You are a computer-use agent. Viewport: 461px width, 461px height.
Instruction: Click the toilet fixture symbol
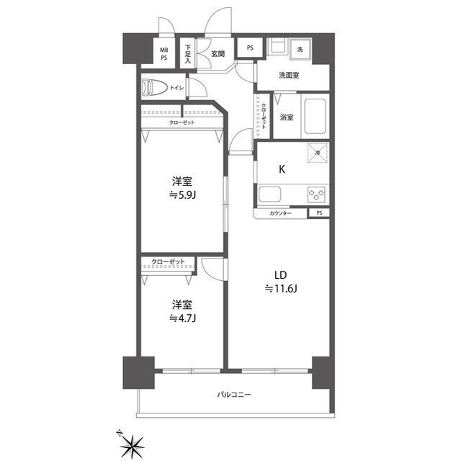[x=154, y=87]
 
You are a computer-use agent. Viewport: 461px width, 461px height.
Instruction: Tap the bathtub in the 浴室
[x=315, y=116]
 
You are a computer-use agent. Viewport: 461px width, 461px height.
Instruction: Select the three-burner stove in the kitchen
[x=316, y=194]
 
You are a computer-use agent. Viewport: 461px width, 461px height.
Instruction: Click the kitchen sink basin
[x=269, y=194]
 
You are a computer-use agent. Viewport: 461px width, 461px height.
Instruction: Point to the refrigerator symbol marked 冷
[x=318, y=153]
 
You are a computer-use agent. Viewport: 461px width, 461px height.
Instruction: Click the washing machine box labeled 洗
[x=300, y=49]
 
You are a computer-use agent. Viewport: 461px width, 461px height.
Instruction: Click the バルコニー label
[x=234, y=394]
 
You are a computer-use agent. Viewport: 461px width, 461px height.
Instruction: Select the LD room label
[x=280, y=275]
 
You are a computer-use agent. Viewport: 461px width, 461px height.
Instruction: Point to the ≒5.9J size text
[x=182, y=195]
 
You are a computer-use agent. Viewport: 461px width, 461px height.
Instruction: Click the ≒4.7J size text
[x=182, y=318]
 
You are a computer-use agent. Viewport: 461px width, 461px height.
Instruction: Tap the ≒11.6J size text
[x=281, y=289]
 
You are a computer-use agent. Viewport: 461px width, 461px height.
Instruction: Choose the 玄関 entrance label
[x=218, y=53]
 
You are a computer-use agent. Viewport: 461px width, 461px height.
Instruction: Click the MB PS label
[x=164, y=54]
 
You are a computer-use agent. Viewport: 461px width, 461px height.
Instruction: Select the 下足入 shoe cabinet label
[x=188, y=54]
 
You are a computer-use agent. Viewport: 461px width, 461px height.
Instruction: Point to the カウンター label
[x=280, y=213]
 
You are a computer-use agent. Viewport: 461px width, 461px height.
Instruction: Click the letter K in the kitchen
[x=282, y=169]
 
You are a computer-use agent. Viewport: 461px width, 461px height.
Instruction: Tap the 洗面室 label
[x=289, y=75]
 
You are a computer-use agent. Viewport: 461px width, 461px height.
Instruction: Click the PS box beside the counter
[x=319, y=213]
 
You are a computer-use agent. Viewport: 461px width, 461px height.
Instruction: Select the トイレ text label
[x=177, y=87]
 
